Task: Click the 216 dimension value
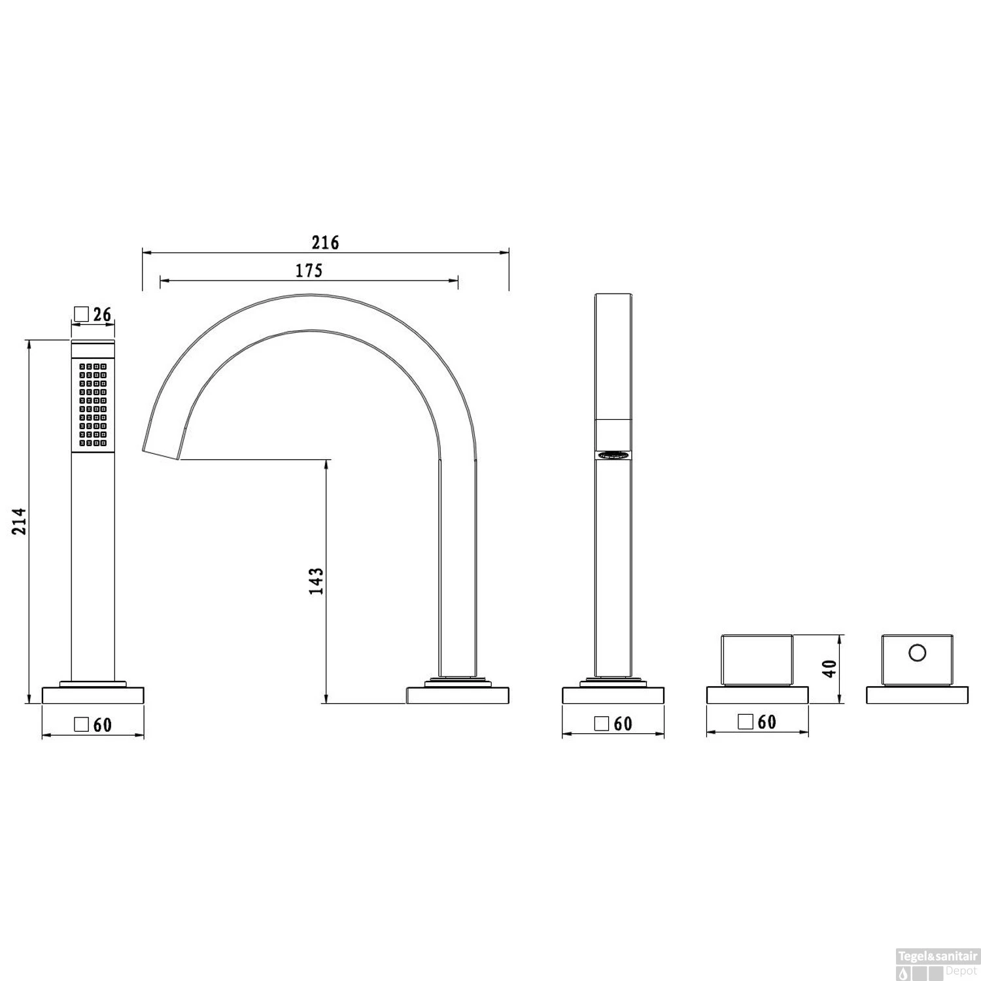(325, 243)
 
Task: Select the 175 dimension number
(309, 270)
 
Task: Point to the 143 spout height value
(317, 581)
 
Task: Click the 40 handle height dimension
(829, 668)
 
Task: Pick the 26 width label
(102, 315)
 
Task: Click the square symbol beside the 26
(81, 315)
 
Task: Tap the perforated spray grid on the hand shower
(93, 405)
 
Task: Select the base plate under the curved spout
(458, 695)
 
